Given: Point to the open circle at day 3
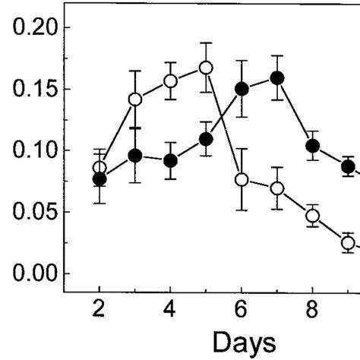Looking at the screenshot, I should pos(135,99).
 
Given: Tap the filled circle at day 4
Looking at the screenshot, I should pos(171,160).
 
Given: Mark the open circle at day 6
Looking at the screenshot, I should pos(242,179).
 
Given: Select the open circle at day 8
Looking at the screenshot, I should pos(312,216).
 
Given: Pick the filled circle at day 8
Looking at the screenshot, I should pos(312,146).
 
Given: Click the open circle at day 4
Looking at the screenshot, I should pos(171,81).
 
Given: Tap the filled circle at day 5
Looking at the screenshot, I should pos(205,139).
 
